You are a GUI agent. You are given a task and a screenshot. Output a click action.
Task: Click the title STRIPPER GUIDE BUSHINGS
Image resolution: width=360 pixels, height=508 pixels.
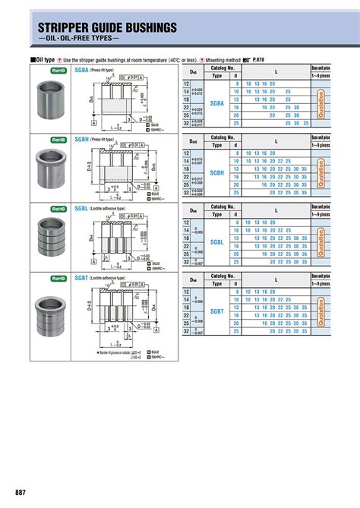click(108, 28)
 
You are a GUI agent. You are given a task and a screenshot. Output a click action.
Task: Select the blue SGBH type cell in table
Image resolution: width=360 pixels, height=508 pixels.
click(217, 173)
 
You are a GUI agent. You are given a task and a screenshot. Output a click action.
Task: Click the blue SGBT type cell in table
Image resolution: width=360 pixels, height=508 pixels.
click(217, 311)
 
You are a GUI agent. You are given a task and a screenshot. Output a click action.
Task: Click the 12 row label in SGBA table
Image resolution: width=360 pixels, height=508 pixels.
click(187, 84)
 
